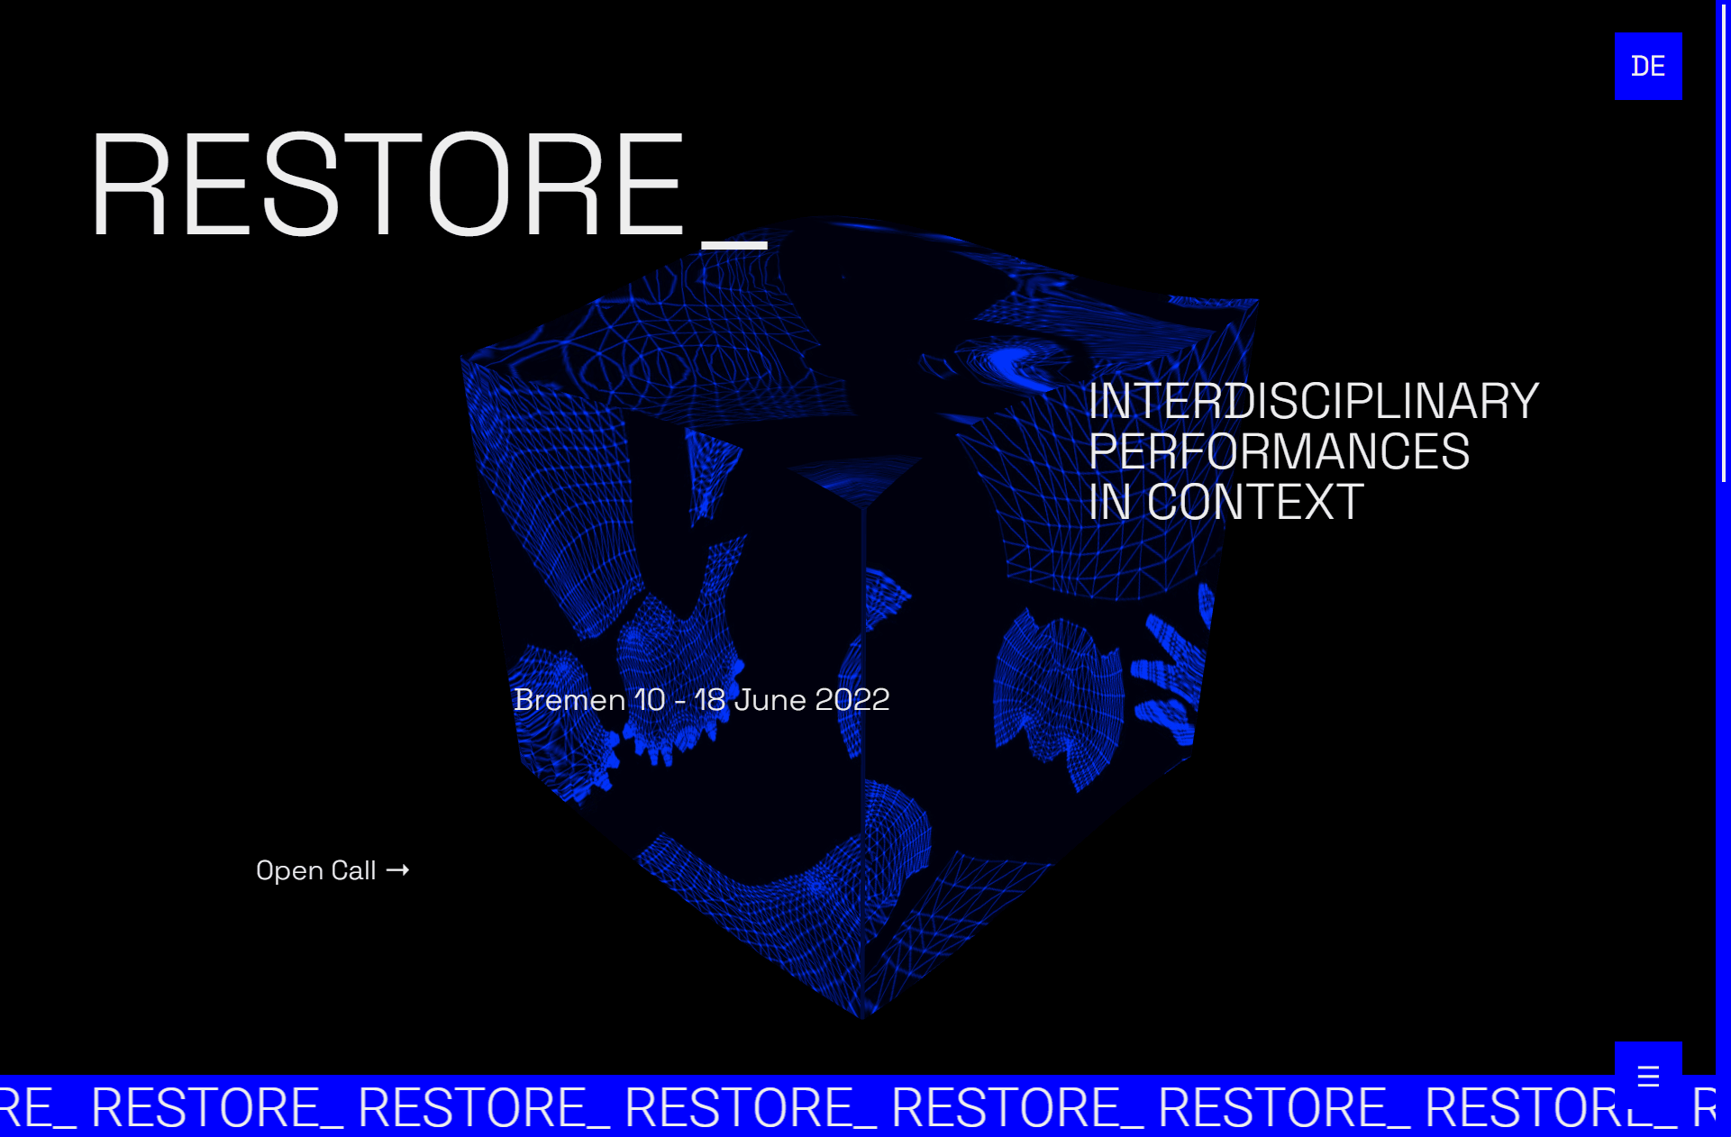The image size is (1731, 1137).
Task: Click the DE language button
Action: [x=1647, y=66]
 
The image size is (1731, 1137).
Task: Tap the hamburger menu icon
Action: [x=1647, y=1075]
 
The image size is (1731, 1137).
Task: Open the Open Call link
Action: [x=316, y=870]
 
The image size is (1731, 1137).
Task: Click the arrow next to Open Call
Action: [x=397, y=869]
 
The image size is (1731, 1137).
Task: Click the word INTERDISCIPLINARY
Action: [x=1313, y=401]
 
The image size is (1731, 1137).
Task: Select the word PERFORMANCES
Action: [x=1279, y=451]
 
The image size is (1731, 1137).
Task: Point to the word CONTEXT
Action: [x=1254, y=502]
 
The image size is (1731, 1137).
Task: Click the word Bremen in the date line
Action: [x=569, y=700]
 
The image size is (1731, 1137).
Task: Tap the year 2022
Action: [x=852, y=700]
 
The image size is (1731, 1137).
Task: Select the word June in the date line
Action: [x=770, y=700]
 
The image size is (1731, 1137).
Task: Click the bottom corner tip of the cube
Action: [x=862, y=1016]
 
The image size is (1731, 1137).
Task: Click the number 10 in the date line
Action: [x=650, y=700]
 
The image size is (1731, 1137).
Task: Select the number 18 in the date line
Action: [x=710, y=700]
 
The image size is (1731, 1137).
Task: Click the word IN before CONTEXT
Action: [x=1109, y=502]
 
